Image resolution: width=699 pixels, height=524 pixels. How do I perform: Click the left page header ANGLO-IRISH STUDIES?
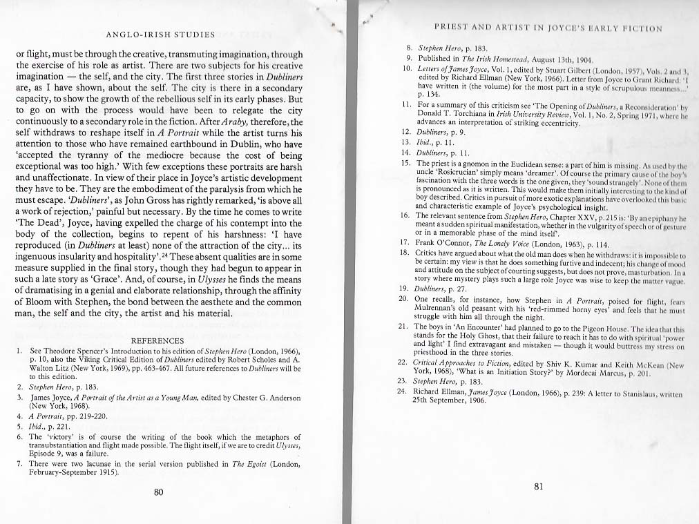pyautogui.click(x=161, y=34)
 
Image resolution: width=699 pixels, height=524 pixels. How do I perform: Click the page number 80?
pyautogui.click(x=158, y=492)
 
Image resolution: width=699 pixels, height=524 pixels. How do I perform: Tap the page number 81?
pyautogui.click(x=539, y=486)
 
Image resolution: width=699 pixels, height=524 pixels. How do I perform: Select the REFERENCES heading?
pyautogui.click(x=157, y=340)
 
